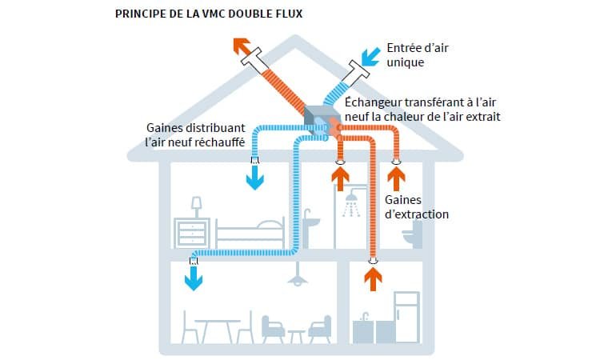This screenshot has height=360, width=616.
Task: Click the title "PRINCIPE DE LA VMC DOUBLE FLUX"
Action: click(209, 14)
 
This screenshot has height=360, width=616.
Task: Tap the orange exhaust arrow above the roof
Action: click(242, 47)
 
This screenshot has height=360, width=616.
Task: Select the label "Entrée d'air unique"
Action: click(417, 54)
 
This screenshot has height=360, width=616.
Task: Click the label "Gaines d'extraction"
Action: click(417, 207)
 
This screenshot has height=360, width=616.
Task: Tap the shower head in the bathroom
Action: click(350, 206)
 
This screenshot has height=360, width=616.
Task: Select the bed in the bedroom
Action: click(250, 234)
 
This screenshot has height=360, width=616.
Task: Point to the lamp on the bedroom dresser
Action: click(195, 206)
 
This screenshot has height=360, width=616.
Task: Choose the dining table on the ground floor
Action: click(217, 328)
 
